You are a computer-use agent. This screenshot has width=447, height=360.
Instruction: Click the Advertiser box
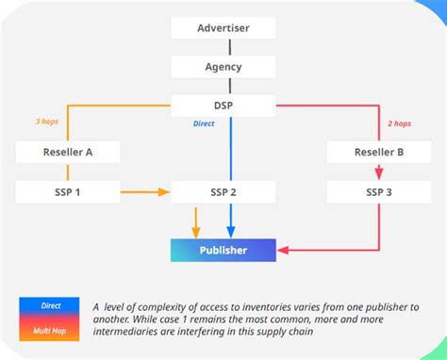223,28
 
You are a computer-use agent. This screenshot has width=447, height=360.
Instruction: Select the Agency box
223,67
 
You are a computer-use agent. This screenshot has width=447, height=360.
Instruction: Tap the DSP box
223,106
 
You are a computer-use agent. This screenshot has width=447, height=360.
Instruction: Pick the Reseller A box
68,151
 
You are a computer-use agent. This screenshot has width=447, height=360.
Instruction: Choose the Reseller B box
380,151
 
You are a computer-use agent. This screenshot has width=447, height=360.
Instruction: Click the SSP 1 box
68,192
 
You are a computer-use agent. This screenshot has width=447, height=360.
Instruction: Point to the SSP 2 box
223,192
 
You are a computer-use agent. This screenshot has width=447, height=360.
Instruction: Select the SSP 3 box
380,192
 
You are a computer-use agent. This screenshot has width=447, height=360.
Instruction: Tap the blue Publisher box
223,250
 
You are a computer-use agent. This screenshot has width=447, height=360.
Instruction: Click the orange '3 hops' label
47,122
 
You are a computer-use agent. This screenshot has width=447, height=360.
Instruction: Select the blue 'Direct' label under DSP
205,123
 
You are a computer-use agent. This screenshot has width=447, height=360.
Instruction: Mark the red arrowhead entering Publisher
283,250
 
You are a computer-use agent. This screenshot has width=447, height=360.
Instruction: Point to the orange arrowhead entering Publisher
196,231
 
